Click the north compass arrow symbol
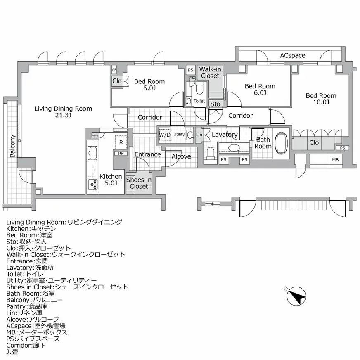(x=296, y=296)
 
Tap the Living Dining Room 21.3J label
(x=63, y=112)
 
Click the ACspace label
(x=292, y=55)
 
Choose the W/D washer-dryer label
(x=165, y=135)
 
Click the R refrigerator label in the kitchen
(x=121, y=142)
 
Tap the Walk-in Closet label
(x=210, y=73)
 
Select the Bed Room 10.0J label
(x=321, y=99)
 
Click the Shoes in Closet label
(x=139, y=183)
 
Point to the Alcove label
(x=181, y=156)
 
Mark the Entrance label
(x=147, y=155)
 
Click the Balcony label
(x=12, y=146)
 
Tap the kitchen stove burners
(x=92, y=183)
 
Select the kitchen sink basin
(x=92, y=154)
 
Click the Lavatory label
(x=225, y=135)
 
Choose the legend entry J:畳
(x=12, y=352)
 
